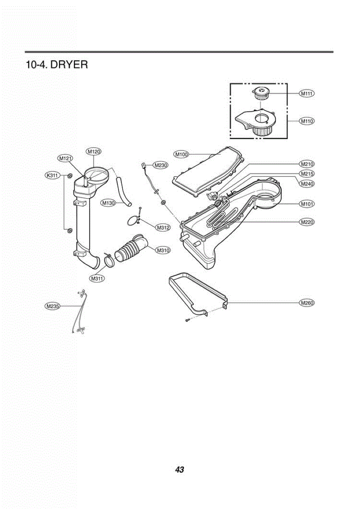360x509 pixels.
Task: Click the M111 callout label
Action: pos(307,93)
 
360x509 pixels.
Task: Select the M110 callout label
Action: pos(307,121)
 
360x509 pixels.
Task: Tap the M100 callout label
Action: pos(181,154)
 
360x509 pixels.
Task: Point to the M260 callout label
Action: pos(307,303)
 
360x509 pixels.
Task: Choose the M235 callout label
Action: pos(52,306)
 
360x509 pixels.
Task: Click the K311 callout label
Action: pos(52,175)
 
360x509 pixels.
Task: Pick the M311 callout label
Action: pos(97,278)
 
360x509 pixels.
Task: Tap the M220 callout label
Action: pos(307,222)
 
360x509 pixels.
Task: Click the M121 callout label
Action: pos(65,158)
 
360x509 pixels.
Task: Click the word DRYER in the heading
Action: pos(69,65)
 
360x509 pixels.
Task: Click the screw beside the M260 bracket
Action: pos(187,320)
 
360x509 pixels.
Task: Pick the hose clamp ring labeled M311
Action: pos(110,260)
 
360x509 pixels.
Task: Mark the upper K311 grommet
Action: pos(70,176)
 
